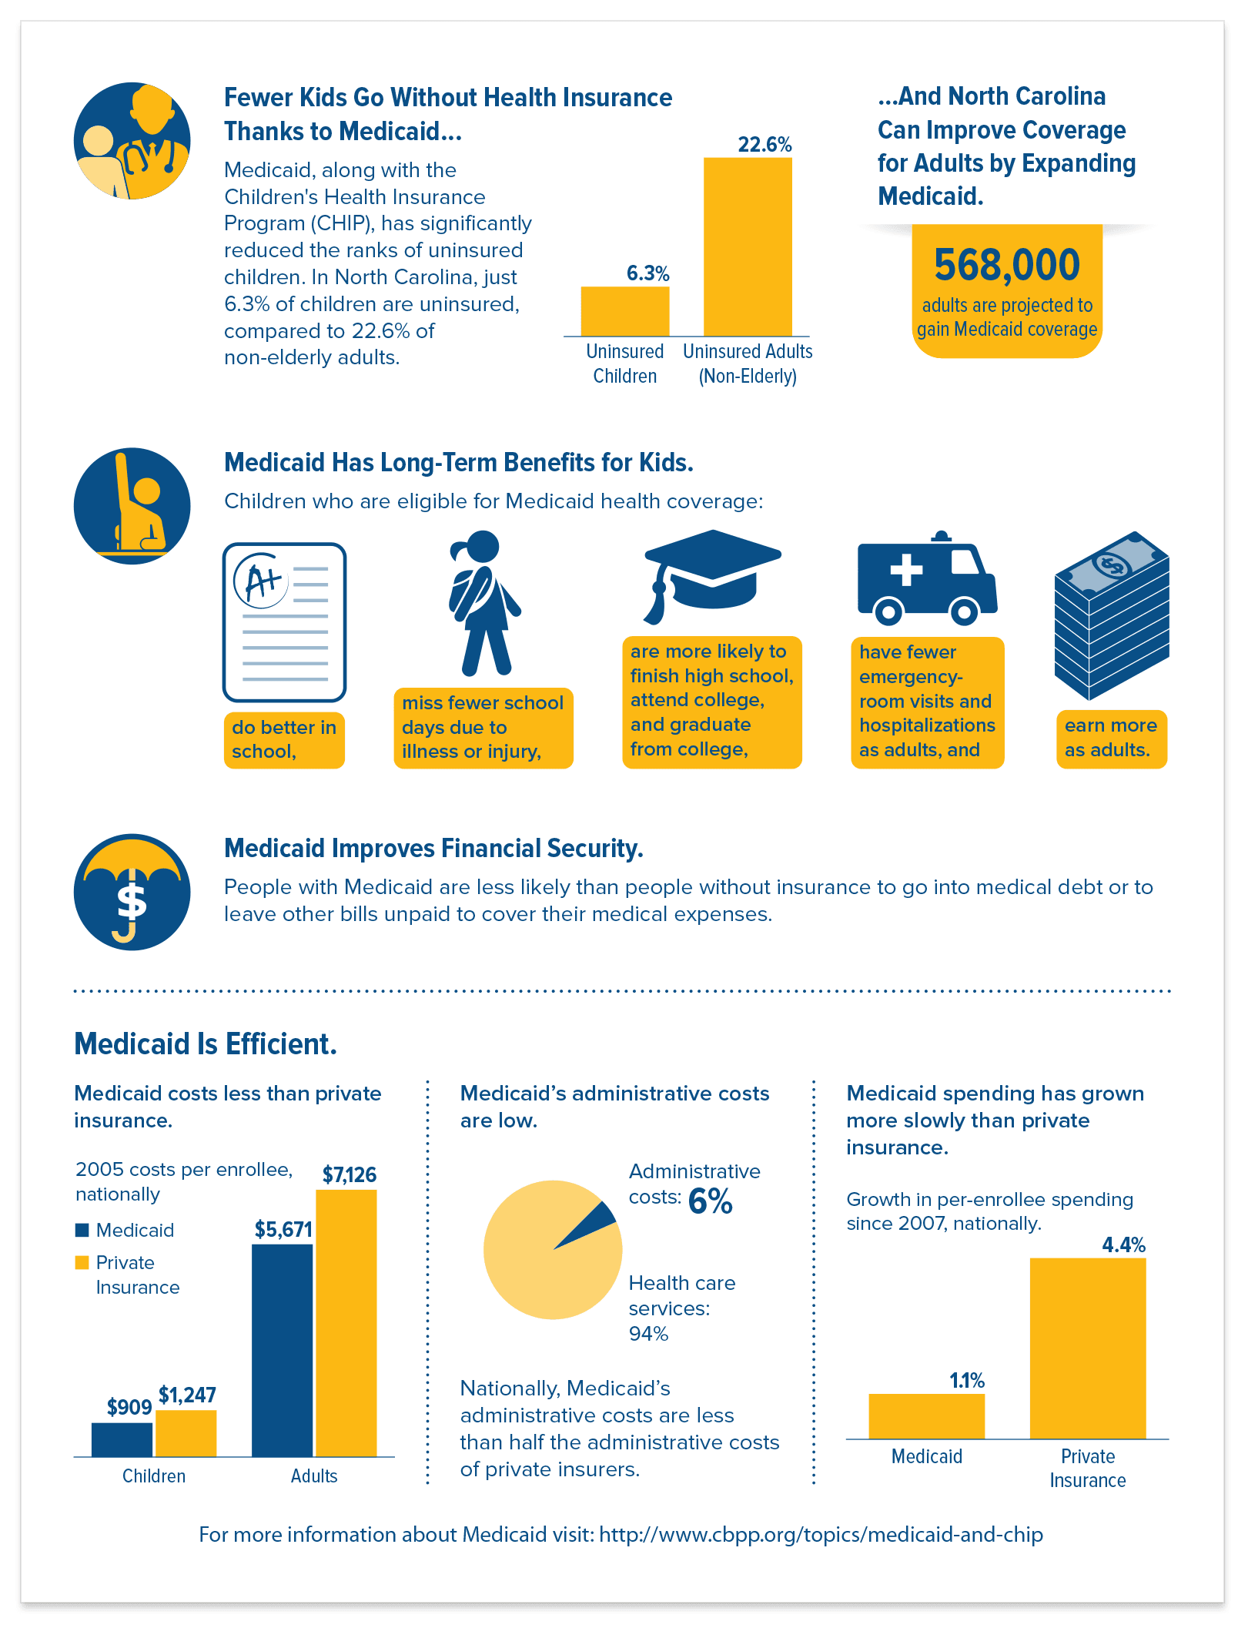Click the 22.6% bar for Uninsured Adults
pos(748,246)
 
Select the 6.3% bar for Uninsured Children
pos(624,311)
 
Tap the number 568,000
pos(1007,265)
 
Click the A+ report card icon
pos(284,622)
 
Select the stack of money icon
pos(1112,615)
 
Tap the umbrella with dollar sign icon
pos(132,892)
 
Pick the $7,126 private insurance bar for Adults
pos(346,1323)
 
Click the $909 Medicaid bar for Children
pos(122,1439)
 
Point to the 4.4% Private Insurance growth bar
pos(1088,1348)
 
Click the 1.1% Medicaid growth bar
pos(927,1416)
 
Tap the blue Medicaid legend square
pos(82,1230)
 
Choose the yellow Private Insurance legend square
pos(82,1262)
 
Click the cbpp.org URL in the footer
pos(821,1535)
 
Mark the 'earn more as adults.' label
pos(1111,738)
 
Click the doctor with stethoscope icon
pos(132,141)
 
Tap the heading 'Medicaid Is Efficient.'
pos(206,1044)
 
